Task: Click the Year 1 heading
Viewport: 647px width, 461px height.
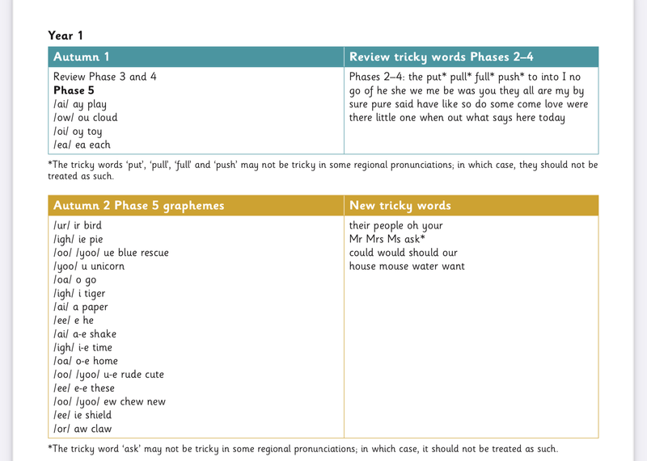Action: (x=65, y=35)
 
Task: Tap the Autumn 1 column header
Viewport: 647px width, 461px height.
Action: (x=81, y=57)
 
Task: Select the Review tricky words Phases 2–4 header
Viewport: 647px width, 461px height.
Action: (x=440, y=57)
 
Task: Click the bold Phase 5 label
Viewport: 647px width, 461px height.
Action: (x=74, y=90)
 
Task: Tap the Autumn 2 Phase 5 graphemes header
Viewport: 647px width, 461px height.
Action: (x=138, y=206)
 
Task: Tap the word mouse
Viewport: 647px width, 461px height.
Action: (x=402, y=266)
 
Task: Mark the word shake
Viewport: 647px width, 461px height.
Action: (x=103, y=334)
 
